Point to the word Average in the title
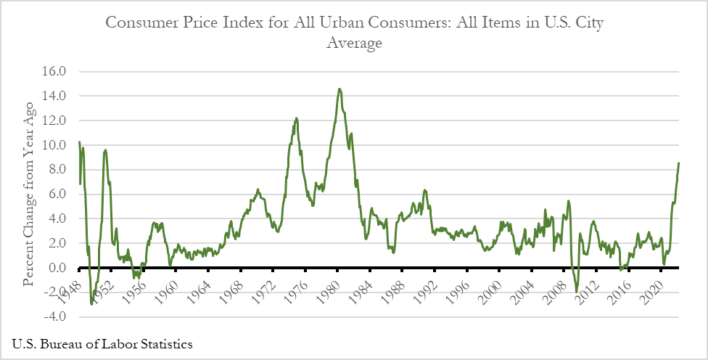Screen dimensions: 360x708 pos(354,43)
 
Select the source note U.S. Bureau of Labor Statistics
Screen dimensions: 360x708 pos(102,343)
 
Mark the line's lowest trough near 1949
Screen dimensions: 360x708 pos(91,303)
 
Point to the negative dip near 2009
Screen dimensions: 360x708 pos(577,292)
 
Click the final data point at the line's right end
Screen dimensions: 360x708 pos(679,163)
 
